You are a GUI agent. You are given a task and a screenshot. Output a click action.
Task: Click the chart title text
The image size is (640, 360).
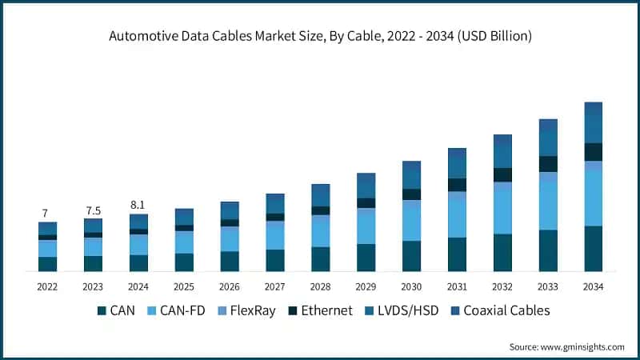tap(320, 36)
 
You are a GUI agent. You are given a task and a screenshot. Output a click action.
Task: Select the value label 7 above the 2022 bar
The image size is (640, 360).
tap(45, 213)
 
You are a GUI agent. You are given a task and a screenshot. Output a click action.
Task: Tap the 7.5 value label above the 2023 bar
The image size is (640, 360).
tap(93, 210)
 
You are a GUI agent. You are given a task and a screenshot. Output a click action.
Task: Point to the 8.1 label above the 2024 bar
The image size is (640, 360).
tap(138, 205)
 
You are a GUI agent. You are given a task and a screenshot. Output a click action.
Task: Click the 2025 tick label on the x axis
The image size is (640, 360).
tap(184, 286)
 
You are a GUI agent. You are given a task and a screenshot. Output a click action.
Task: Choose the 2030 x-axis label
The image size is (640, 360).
tap(411, 286)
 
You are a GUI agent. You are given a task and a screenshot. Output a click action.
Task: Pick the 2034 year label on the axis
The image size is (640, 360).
tap(593, 286)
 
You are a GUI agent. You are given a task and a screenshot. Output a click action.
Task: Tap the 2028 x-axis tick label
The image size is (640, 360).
tap(320, 286)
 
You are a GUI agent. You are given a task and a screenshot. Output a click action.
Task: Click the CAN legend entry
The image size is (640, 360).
tap(115, 310)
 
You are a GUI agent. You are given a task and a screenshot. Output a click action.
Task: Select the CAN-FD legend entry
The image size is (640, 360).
tap(178, 310)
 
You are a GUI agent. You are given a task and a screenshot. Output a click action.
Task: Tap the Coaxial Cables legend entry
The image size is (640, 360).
tap(498, 310)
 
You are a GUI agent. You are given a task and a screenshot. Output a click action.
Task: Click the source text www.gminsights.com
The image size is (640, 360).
tap(566, 346)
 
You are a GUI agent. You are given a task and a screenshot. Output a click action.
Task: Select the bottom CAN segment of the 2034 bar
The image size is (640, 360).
tap(593, 249)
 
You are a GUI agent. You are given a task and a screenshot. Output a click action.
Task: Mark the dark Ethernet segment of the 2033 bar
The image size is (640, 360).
tap(548, 164)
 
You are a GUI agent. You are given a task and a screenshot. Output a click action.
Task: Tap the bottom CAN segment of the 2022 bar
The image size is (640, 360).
tap(48, 264)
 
